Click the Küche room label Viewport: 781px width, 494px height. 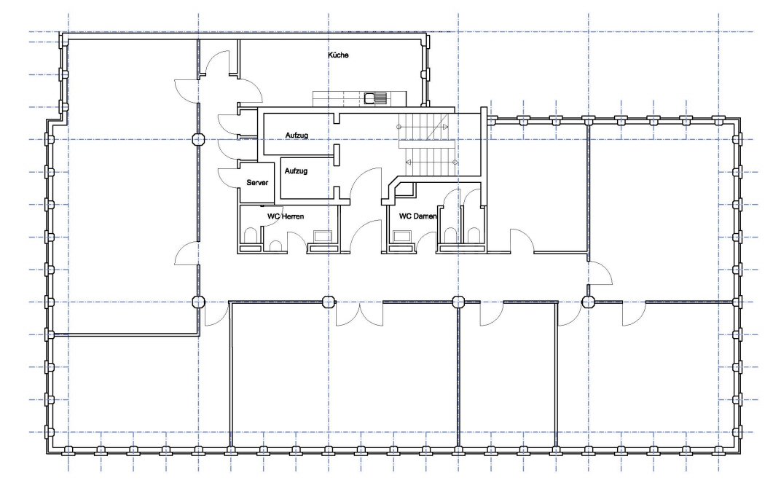click(x=337, y=55)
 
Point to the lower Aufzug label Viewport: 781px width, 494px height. click(x=296, y=170)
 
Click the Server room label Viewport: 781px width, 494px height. click(x=257, y=183)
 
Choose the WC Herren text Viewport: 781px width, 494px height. click(x=286, y=216)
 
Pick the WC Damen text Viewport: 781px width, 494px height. click(x=417, y=216)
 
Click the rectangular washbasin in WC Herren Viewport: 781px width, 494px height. click(x=321, y=236)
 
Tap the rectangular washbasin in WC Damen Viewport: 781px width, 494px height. click(x=401, y=236)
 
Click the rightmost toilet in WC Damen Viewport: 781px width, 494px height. click(x=474, y=235)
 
